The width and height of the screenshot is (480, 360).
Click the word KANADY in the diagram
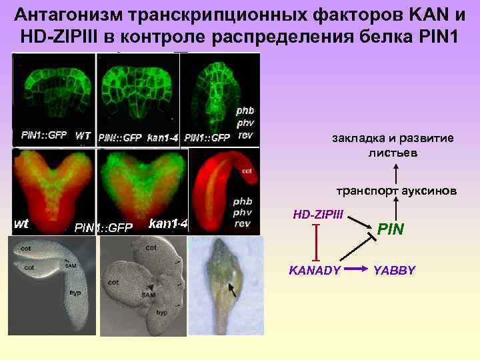tap(315, 270)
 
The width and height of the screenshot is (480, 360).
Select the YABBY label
tap(394, 270)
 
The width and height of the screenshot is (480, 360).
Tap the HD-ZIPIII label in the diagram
tap(318, 215)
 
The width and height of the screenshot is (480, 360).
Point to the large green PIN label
tap(391, 230)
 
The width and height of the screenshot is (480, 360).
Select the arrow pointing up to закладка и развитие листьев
tap(394, 171)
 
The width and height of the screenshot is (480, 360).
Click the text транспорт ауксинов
tap(396, 191)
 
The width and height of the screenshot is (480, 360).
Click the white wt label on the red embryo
tap(22, 223)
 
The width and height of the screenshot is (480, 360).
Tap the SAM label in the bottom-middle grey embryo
tap(148, 293)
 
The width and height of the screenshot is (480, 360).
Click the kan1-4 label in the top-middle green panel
tap(162, 137)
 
